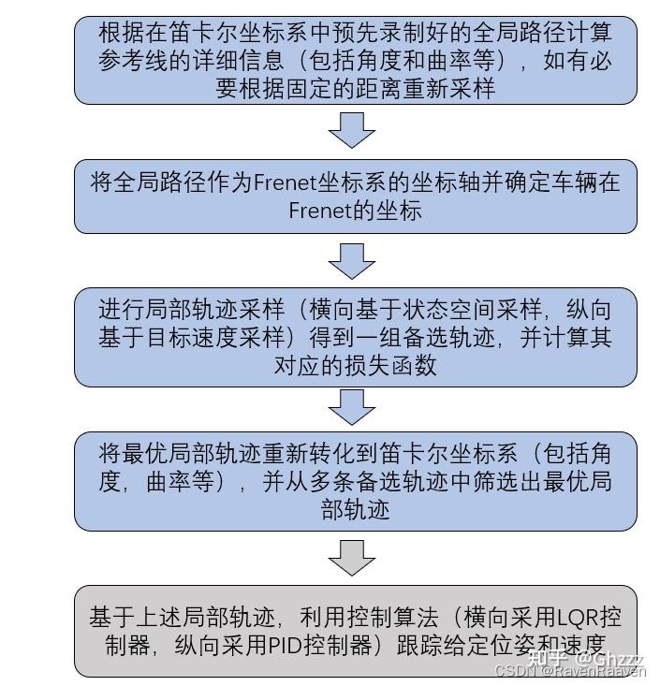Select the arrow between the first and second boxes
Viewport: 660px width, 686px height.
(351, 130)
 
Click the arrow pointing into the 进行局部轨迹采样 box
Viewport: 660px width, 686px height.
(351, 261)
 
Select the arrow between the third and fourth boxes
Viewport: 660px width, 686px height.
(351, 407)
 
